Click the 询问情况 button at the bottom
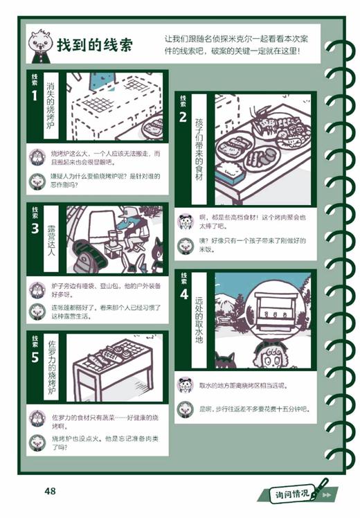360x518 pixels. (294, 494)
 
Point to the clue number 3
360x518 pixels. (35, 227)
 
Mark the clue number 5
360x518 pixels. (35, 356)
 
